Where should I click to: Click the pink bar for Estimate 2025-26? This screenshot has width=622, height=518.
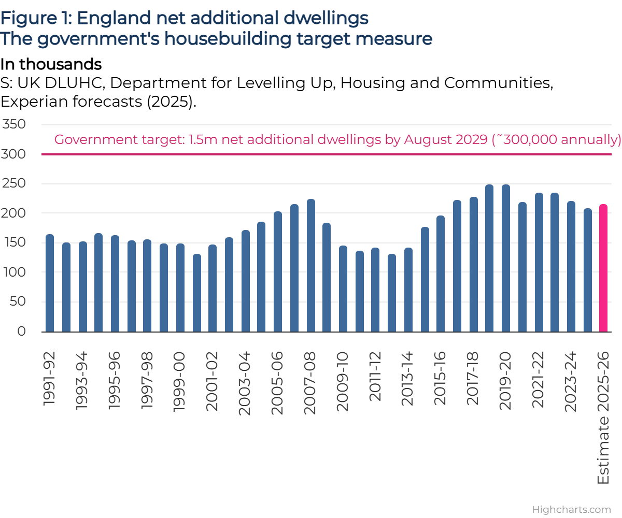(x=603, y=268)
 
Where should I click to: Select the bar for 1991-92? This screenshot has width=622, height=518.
(x=50, y=283)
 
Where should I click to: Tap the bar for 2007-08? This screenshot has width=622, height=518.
(x=311, y=266)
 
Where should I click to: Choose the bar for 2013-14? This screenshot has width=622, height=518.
(x=408, y=290)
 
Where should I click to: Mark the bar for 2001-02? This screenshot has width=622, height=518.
(x=213, y=289)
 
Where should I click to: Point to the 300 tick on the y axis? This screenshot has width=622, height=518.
(x=15, y=154)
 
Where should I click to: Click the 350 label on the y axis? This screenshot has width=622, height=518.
(x=15, y=125)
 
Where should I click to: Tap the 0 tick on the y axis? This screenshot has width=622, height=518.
(x=21, y=331)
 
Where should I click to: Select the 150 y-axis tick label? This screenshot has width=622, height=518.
(x=15, y=242)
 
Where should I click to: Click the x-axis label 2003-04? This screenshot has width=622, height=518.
(x=245, y=382)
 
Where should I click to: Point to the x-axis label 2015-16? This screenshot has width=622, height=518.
(x=440, y=382)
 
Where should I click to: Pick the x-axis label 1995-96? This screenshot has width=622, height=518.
(x=115, y=382)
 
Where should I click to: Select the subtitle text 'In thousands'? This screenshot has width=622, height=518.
(x=51, y=65)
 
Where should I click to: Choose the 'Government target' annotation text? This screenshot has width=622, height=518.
(x=337, y=140)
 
